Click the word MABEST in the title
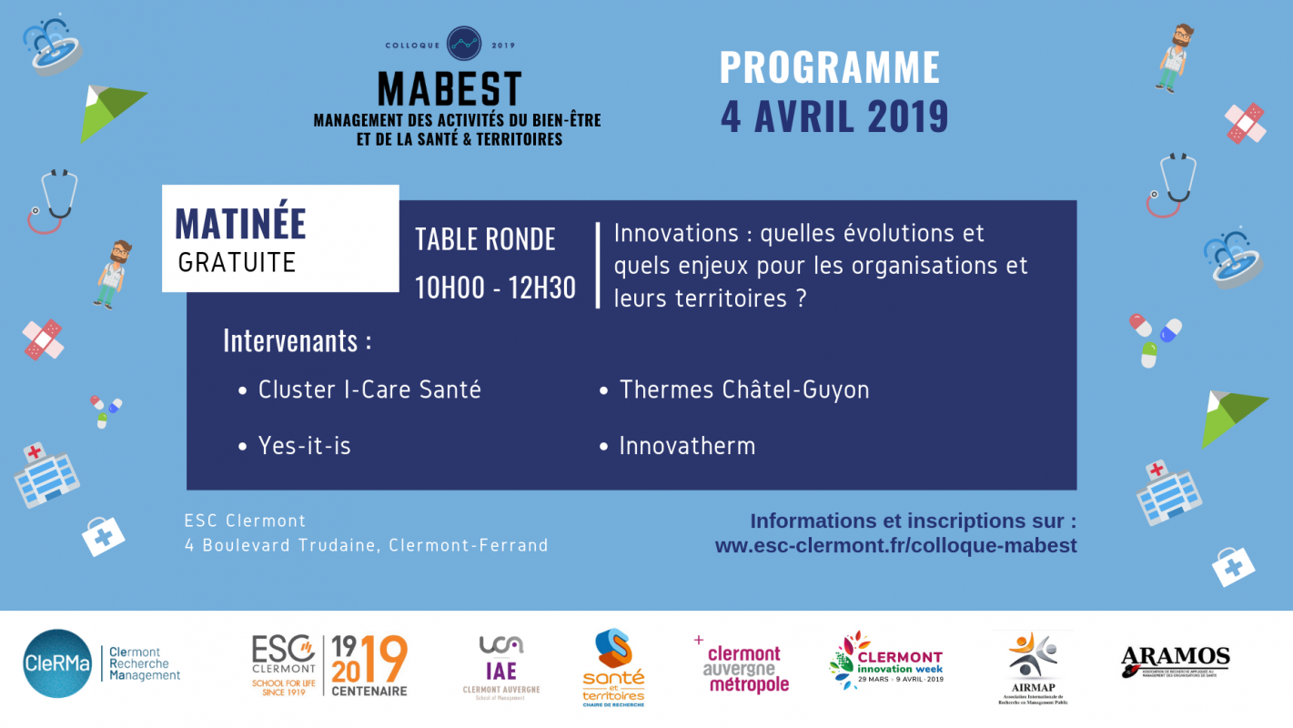[450, 89]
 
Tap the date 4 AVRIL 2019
[834, 116]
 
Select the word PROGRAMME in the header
[830, 68]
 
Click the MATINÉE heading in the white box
[240, 224]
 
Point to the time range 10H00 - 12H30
[495, 288]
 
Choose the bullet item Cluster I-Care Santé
[369, 389]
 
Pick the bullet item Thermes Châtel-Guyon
[743, 389]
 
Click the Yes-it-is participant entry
[304, 446]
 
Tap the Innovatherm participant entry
[687, 446]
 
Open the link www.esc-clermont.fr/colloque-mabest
[895, 546]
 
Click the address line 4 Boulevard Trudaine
[366, 546]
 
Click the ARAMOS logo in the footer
[1175, 662]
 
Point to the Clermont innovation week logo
[887, 662]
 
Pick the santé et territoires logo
[613, 668]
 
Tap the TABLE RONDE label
[485, 239]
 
